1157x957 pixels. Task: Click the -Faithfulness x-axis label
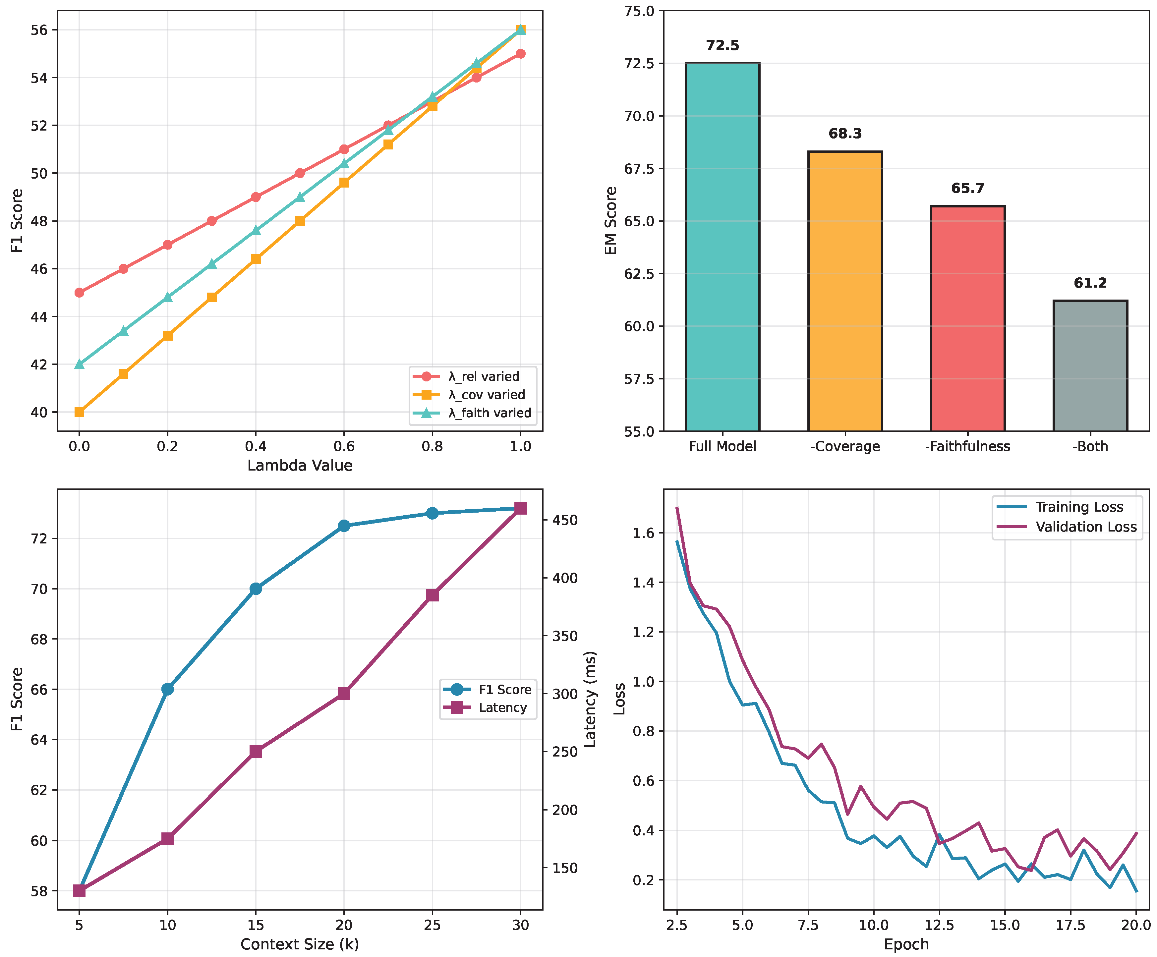tap(967, 446)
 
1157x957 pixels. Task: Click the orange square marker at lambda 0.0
tap(79, 412)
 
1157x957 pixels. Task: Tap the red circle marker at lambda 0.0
tap(79, 293)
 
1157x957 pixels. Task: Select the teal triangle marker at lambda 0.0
tap(79, 364)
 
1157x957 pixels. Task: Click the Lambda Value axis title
tap(300, 466)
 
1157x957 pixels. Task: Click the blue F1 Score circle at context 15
tap(256, 589)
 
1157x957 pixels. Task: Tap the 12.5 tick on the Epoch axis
tap(939, 925)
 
